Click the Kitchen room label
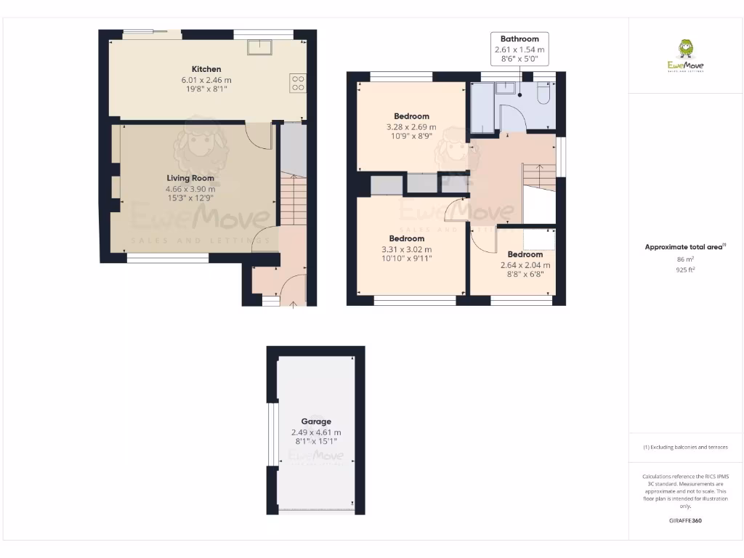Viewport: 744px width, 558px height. point(201,69)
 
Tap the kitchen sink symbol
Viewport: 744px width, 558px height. point(259,47)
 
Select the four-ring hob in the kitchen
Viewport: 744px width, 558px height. point(298,83)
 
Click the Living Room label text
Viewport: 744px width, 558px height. point(190,178)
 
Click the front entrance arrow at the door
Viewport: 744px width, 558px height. point(293,304)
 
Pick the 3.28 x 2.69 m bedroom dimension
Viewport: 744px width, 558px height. point(411,126)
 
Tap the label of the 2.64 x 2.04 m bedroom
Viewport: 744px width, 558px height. point(525,254)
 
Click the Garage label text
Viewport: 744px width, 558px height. point(316,421)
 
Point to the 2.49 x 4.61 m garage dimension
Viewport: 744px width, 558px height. point(316,432)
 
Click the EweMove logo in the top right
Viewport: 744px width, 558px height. point(685,56)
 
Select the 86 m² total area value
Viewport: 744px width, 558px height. point(685,259)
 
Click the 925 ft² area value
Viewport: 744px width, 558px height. point(685,269)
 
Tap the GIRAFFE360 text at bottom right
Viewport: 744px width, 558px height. point(685,520)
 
